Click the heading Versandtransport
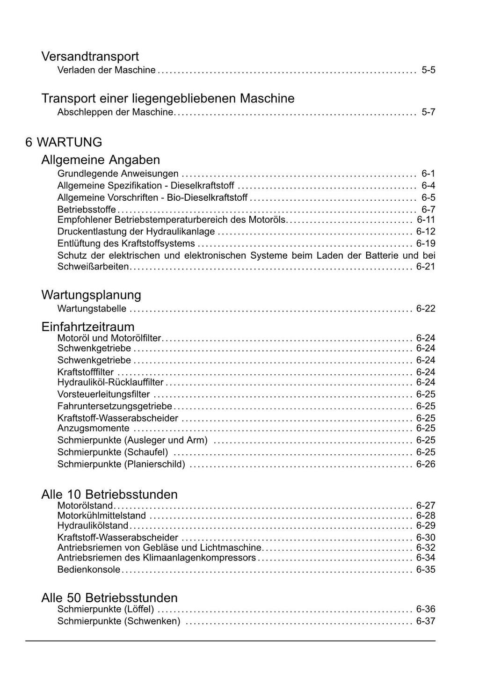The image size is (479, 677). pos(90,57)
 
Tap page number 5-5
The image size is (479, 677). pos(428,70)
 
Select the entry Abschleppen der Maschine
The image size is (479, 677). pos(115,112)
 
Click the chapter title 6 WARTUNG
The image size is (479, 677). pos(64,142)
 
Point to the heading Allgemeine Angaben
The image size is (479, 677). pos(101,160)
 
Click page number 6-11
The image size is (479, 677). pos(426,219)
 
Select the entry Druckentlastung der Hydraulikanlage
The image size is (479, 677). pos(136,232)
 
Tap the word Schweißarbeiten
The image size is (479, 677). pos(93,267)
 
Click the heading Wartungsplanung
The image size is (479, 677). pos(91,295)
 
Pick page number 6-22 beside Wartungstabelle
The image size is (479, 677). pos(426,309)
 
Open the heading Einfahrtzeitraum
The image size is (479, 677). pos(88,327)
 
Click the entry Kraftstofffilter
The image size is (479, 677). pos(86,372)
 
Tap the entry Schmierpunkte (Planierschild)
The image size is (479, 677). pos(121,464)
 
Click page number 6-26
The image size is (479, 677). pos(426,464)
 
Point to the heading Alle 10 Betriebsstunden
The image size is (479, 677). pos(109,495)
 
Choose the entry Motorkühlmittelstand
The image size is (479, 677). pos(102,516)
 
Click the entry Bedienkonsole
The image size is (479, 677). pos(89,570)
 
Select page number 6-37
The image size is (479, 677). pos(426,621)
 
